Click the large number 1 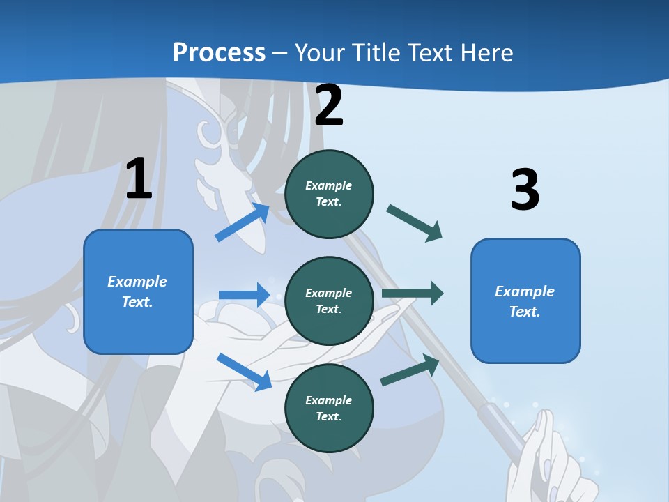tap(139, 178)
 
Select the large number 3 tap(525, 190)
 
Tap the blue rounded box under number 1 tap(138, 291)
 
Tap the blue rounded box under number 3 tap(525, 301)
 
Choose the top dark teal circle tap(329, 194)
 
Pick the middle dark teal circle tap(329, 301)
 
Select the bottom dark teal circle tap(329, 409)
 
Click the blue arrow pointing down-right tap(245, 372)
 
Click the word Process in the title tap(219, 52)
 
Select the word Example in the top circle tap(329, 185)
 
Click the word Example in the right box tap(525, 291)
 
